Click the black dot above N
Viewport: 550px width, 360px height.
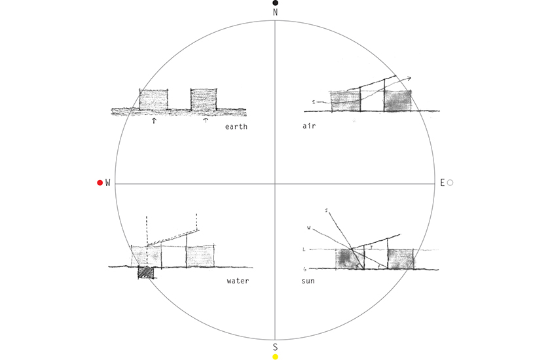(x=276, y=3)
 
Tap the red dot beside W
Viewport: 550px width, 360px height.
(x=100, y=183)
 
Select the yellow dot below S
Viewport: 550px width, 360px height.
(x=276, y=357)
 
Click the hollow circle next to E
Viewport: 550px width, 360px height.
(x=450, y=183)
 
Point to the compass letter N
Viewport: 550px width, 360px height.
(x=276, y=12)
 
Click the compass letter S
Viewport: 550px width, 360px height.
(x=276, y=347)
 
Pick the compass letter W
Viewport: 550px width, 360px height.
(x=107, y=183)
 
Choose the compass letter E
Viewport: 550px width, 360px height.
(x=443, y=183)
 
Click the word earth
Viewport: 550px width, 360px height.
(x=236, y=126)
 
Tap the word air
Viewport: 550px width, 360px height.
(x=309, y=126)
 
